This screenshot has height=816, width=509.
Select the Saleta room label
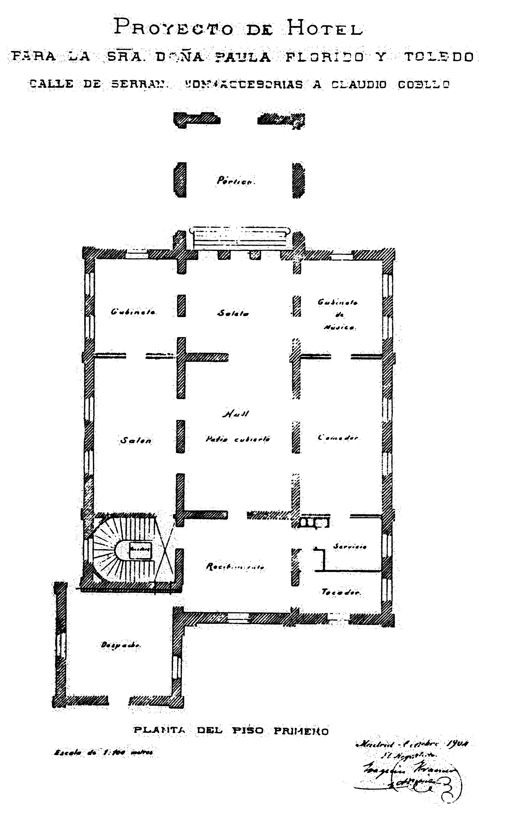click(x=233, y=313)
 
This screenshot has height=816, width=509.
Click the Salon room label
click(x=136, y=440)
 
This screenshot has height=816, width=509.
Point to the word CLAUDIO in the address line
click(x=359, y=84)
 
